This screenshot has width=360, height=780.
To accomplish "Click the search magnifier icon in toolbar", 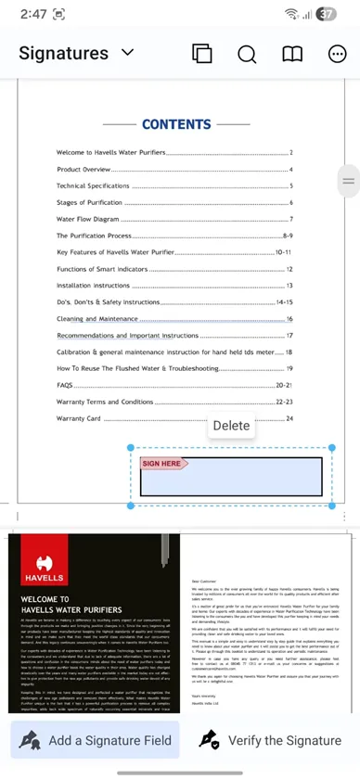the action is pyautogui.click(x=247, y=54).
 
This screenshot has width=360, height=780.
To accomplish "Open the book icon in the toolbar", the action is pyautogui.click(x=292, y=54).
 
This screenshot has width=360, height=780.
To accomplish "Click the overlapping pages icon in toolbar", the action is pyautogui.click(x=201, y=54).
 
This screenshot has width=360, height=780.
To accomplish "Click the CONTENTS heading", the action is pyautogui.click(x=176, y=124).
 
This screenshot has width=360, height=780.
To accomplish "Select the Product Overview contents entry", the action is pyautogui.click(x=84, y=170).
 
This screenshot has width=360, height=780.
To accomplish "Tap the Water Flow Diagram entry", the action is pyautogui.click(x=88, y=219).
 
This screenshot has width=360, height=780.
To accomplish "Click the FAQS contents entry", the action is pyautogui.click(x=65, y=385).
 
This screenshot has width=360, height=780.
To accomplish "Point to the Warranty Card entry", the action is pyautogui.click(x=79, y=418).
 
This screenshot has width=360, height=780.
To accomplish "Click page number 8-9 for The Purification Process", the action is pyautogui.click(x=287, y=236).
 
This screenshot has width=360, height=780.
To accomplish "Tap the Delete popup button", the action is pyautogui.click(x=231, y=426).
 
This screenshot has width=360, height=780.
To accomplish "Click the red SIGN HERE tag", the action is pyautogui.click(x=163, y=463).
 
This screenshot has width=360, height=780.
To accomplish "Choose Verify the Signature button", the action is pyautogui.click(x=272, y=740).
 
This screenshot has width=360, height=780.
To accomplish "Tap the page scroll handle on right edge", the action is pyautogui.click(x=349, y=181).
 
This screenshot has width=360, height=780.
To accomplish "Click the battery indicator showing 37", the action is pyautogui.click(x=326, y=14).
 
